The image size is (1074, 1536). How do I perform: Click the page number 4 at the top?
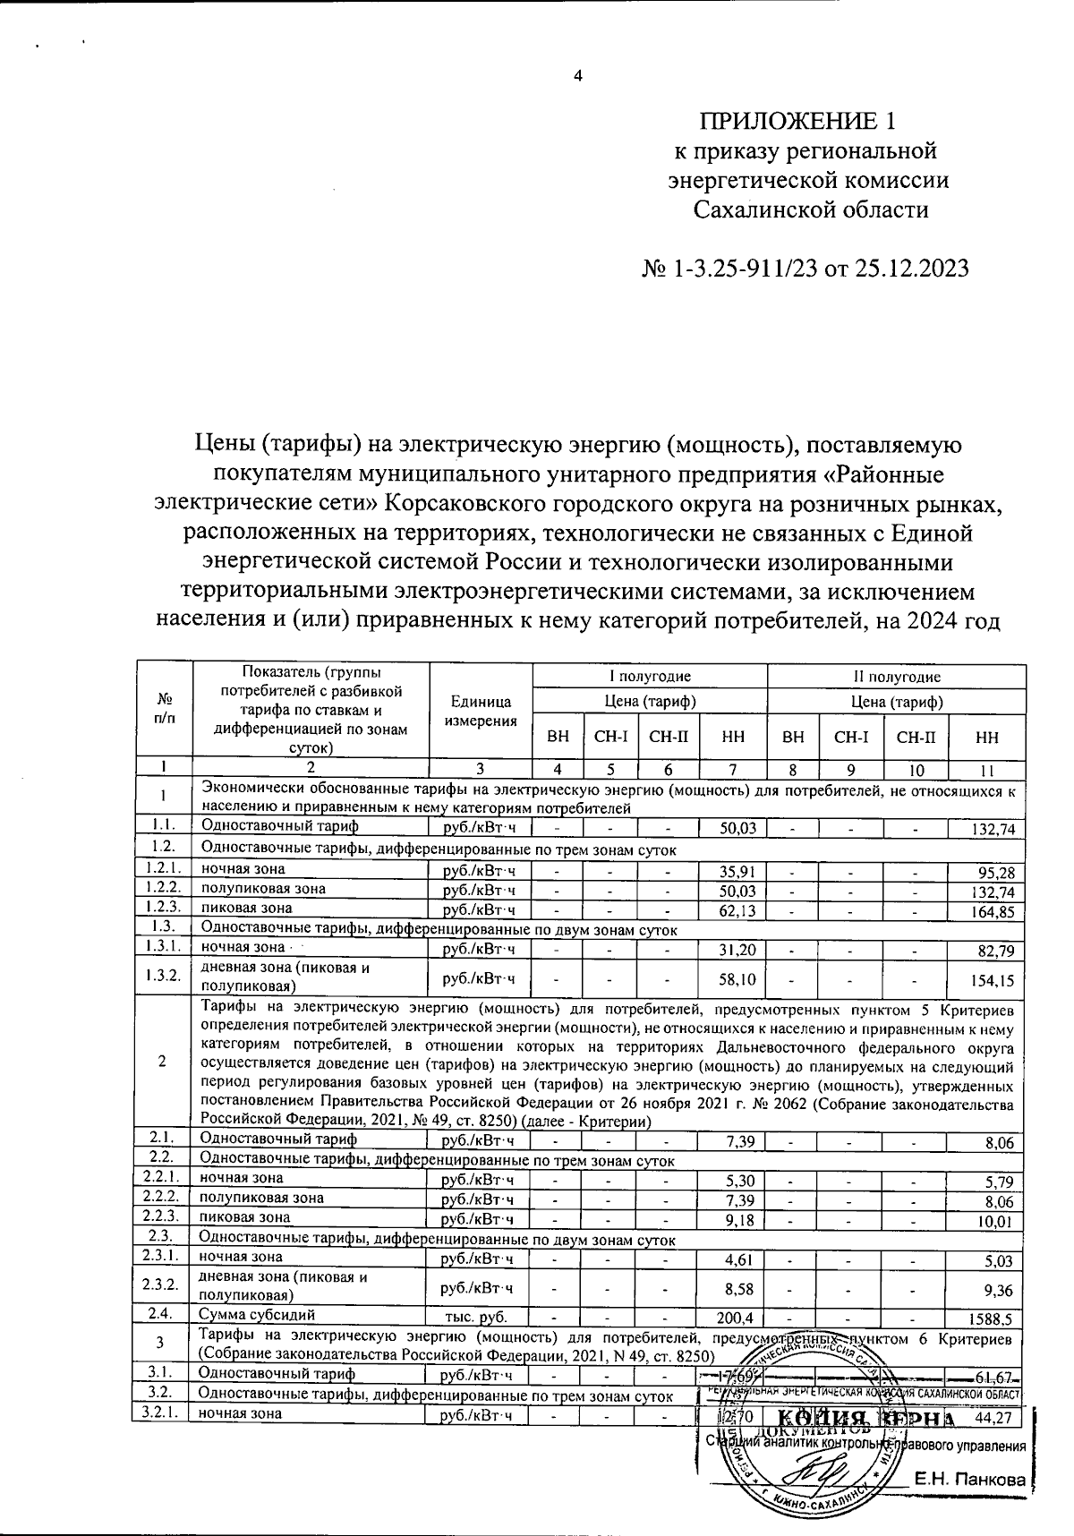pos(578,76)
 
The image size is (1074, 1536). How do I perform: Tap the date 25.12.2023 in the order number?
pos(903,268)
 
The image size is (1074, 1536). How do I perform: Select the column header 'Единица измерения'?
pos(481,712)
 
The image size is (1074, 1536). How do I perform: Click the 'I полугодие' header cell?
pos(650,677)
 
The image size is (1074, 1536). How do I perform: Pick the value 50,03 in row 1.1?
pos(737,829)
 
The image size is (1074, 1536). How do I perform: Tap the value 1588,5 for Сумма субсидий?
pos(992,1318)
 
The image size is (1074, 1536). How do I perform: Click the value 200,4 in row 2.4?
pos(737,1318)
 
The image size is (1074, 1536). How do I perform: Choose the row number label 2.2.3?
pos(162,1216)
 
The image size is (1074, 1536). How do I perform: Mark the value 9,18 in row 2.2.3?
pos(741,1219)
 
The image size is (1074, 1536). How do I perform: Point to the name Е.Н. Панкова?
pos(968,1481)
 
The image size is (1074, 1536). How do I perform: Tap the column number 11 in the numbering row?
pos(986,768)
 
